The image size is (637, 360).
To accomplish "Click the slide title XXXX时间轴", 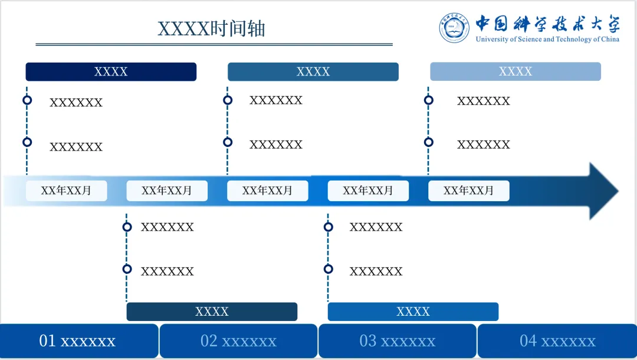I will tap(211, 28).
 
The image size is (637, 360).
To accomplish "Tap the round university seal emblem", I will tap(454, 28).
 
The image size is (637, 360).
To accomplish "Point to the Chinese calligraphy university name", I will tap(548, 24).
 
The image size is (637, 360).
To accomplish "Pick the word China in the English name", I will tap(610, 40).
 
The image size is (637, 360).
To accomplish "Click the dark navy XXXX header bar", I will tap(111, 71).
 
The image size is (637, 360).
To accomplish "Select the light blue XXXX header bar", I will tap(515, 71).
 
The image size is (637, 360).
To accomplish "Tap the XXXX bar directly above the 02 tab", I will tap(212, 312).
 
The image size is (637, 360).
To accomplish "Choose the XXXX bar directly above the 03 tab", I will tap(413, 312).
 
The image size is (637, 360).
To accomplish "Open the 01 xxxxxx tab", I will tap(78, 341).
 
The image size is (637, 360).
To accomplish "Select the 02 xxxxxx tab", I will tap(238, 341).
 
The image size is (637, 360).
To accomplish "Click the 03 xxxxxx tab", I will tap(398, 341).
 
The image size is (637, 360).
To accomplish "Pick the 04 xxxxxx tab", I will tap(557, 341).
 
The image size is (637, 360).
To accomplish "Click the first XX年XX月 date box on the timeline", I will tap(66, 191).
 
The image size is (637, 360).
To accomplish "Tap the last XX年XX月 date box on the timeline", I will tap(468, 191).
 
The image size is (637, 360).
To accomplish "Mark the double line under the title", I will tap(214, 44).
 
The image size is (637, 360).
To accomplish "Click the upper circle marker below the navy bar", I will tap(27, 100).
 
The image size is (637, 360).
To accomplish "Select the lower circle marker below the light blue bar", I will tap(429, 142).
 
